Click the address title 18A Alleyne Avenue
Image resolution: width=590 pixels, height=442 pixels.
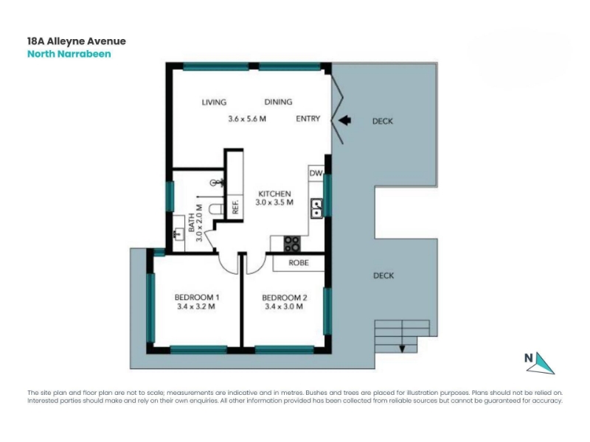77,41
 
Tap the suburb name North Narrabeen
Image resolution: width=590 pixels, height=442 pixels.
69,54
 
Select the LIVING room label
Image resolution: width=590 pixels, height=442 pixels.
214,102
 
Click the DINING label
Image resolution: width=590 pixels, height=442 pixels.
279,102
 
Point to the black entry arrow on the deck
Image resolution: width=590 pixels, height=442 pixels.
344,120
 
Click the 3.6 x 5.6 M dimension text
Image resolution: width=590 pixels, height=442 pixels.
247,119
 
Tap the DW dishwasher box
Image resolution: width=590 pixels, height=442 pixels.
316,173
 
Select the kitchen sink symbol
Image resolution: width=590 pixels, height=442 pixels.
316,208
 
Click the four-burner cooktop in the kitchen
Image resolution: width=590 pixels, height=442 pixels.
292,244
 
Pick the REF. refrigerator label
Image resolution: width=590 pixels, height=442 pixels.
235,207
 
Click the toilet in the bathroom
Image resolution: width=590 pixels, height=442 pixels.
216,209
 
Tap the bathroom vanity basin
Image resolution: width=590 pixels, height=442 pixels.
178,234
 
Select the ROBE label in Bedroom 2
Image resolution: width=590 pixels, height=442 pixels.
299,263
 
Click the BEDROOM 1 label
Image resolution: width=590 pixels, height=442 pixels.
197,298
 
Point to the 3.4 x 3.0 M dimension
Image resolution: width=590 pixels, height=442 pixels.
284,306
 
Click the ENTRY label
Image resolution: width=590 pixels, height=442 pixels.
308,119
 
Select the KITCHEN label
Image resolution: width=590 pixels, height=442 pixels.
274,194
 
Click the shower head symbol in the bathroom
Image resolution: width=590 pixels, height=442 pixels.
218,183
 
